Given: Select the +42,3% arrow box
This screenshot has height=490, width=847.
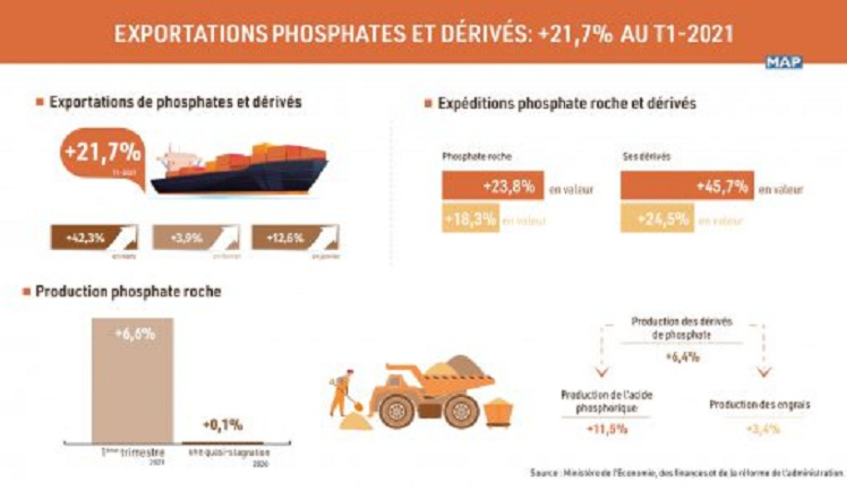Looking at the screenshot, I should [x=94, y=238].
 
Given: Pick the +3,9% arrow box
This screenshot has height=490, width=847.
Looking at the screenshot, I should [x=196, y=238].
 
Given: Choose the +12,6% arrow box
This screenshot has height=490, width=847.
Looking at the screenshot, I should [x=295, y=238].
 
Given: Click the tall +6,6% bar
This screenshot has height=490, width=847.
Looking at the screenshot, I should [x=132, y=380].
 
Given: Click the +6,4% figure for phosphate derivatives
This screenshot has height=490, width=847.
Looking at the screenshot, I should [x=681, y=357].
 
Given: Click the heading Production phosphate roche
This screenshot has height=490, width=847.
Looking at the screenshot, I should [x=128, y=292].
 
